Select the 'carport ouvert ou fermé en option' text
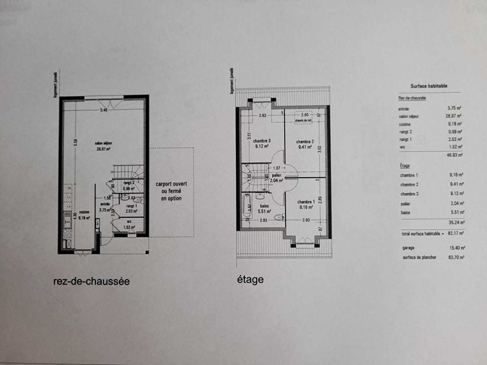coord(169,191)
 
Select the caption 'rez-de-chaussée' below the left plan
coord(91,282)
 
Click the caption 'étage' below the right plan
coord(250,279)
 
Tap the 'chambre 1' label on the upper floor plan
coord(305,202)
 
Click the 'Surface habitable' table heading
coord(429,86)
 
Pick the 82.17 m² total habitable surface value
coord(456,234)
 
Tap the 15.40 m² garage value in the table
coord(456,248)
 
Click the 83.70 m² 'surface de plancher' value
coord(456,257)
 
